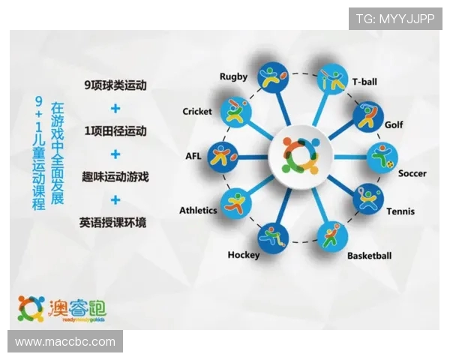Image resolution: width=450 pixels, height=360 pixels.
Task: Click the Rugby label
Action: (233, 76)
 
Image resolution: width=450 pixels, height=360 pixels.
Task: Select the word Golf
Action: (394, 124)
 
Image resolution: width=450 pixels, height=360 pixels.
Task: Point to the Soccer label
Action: (412, 174)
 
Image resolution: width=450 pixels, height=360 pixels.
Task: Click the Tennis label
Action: (400, 211)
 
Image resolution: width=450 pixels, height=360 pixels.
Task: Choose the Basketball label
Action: (369, 256)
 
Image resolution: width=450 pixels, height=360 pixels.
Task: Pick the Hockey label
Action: (244, 255)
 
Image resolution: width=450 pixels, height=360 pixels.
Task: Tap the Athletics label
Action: (198, 211)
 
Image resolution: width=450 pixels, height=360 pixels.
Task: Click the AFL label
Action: (193, 157)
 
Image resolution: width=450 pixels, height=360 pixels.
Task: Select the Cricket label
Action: (197, 112)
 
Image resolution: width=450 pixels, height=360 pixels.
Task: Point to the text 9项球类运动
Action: (115, 86)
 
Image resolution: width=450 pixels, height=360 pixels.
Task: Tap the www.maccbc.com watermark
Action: (65, 342)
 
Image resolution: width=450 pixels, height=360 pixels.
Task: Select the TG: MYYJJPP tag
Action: (394, 19)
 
